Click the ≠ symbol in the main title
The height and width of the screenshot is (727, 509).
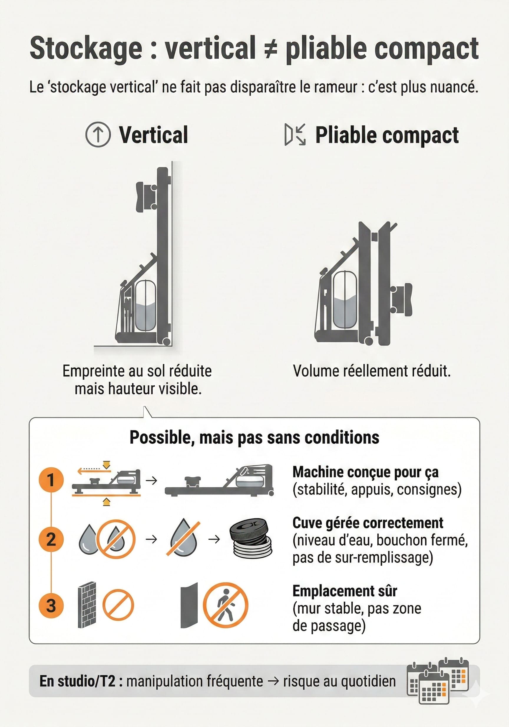click(x=271, y=48)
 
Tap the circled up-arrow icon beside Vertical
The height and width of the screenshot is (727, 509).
click(x=98, y=135)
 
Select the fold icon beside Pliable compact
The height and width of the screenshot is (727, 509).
click(x=295, y=135)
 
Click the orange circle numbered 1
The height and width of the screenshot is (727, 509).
click(x=51, y=480)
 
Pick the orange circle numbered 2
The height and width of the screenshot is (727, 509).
click(x=51, y=539)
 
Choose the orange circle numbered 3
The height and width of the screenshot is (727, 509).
click(x=51, y=605)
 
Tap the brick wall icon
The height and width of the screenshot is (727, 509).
click(x=87, y=605)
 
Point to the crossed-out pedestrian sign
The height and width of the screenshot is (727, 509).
click(x=225, y=605)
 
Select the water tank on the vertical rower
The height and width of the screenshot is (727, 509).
click(x=145, y=306)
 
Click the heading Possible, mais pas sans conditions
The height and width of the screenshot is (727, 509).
click(x=254, y=438)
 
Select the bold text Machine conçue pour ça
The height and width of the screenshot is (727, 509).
click(x=365, y=472)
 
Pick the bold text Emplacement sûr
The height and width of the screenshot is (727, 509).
click(x=345, y=591)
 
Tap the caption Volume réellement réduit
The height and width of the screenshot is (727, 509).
click(x=371, y=371)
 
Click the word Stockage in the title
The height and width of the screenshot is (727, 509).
click(x=86, y=48)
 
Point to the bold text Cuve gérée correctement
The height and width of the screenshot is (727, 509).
click(x=368, y=523)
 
